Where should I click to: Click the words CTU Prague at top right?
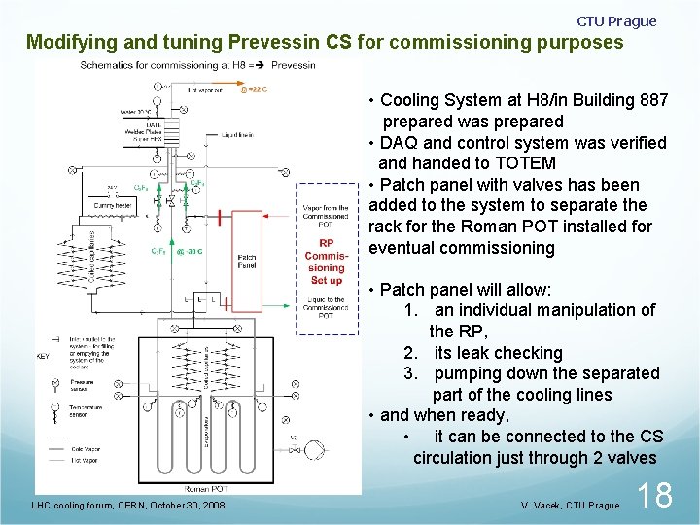click(x=616, y=21)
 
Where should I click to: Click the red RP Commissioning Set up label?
click(x=326, y=262)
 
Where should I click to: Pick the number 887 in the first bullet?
click(x=647, y=100)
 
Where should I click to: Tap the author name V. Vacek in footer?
click(x=542, y=506)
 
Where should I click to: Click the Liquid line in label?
click(x=238, y=135)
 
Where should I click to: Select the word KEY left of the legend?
click(x=43, y=356)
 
